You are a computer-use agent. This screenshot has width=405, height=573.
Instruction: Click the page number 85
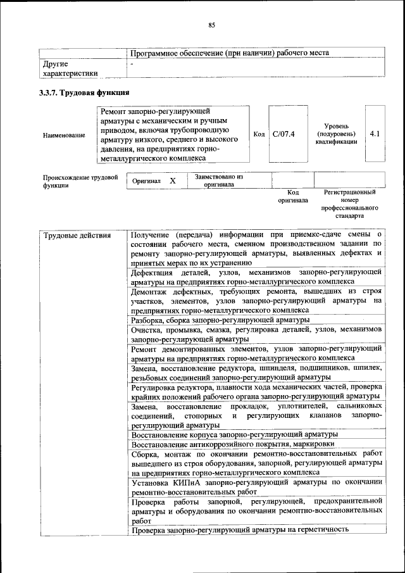pyautogui.click(x=212, y=25)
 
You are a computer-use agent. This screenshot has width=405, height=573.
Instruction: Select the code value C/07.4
pyautogui.click(x=283, y=134)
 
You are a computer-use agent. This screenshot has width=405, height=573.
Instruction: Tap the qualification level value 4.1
pyautogui.click(x=375, y=134)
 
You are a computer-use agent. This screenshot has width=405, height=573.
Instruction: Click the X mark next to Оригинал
pyautogui.click(x=172, y=181)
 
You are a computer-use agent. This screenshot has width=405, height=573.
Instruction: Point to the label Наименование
pyautogui.click(x=64, y=135)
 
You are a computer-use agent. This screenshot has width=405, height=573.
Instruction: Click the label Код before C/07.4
pyautogui.click(x=259, y=134)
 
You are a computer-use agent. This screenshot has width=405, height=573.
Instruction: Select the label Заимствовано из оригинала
pyautogui.click(x=220, y=180)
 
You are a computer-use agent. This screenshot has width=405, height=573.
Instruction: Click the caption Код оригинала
pyautogui.click(x=292, y=196)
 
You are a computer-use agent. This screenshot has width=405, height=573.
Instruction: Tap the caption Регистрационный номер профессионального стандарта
pyautogui.click(x=349, y=203)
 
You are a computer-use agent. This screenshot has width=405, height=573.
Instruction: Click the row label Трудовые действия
pyautogui.click(x=77, y=236)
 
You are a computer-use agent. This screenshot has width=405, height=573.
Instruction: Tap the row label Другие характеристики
pyautogui.click(x=70, y=68)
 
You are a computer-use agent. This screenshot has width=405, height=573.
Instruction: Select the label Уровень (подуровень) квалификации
pyautogui.click(x=336, y=134)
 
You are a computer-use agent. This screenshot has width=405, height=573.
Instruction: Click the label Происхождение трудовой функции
pyautogui.click(x=80, y=182)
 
